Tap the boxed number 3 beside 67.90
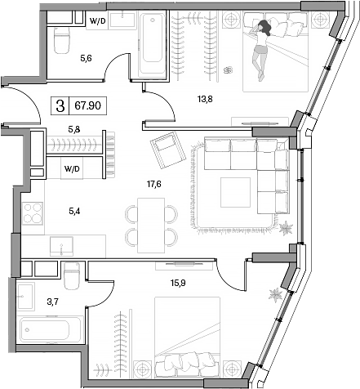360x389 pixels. pyautogui.click(x=61, y=105)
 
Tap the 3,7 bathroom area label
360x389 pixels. pyautogui.click(x=29, y=302)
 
